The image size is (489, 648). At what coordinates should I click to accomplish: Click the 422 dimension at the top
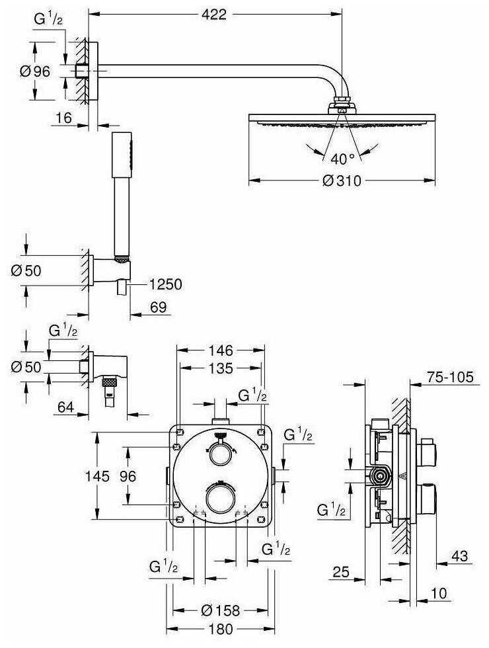[x=215, y=13]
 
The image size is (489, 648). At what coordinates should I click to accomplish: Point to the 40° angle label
[x=342, y=158]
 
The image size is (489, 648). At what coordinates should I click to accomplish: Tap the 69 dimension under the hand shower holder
[x=157, y=308]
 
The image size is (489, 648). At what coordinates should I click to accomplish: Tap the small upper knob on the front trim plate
[x=219, y=454]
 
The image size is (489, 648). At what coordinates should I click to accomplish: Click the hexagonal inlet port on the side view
[x=380, y=474]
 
